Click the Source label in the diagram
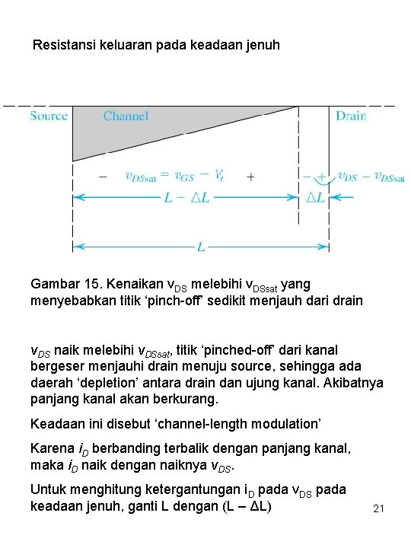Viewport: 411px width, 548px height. coord(49,116)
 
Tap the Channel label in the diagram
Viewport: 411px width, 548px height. coord(126,116)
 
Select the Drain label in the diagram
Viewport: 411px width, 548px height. coord(351,116)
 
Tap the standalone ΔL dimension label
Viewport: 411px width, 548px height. coord(314,197)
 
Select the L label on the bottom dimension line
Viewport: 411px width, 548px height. coord(200,247)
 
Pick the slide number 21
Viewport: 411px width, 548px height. coord(379,508)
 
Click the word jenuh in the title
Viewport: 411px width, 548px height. coord(263,45)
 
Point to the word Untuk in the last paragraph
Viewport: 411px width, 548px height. coord(46,489)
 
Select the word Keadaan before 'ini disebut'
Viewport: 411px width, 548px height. coord(56,423)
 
